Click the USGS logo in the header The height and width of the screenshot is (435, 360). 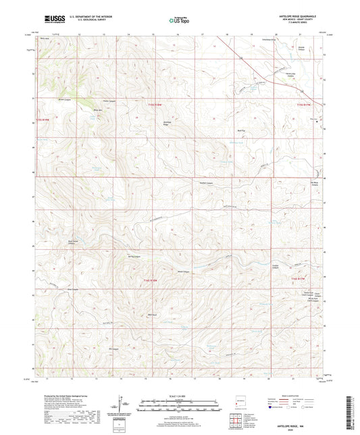click(x=54, y=20)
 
